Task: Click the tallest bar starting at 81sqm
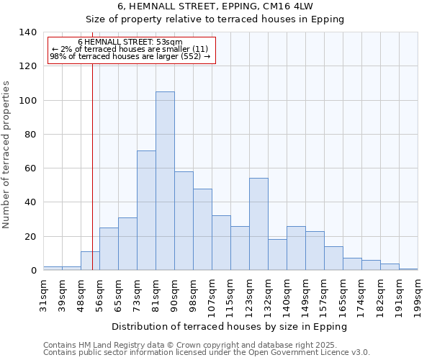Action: pyautogui.click(x=165, y=181)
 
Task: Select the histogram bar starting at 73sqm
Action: pyautogui.click(x=146, y=210)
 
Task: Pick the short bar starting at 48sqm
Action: pyautogui.click(x=90, y=261)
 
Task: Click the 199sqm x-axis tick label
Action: pyautogui.click(x=418, y=294)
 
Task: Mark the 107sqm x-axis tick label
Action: pyautogui.click(x=212, y=294)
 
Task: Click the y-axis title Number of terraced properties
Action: pyautogui.click(x=7, y=154)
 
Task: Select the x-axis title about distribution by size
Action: pyautogui.click(x=230, y=327)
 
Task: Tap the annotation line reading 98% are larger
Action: pyautogui.click(x=130, y=56)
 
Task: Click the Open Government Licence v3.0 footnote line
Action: pyautogui.click(x=207, y=353)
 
